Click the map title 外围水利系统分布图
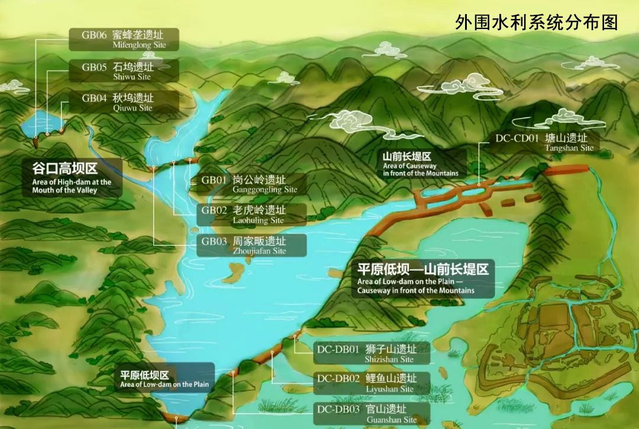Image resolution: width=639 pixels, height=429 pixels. (537, 23)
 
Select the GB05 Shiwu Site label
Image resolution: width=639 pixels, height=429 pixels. (123, 71)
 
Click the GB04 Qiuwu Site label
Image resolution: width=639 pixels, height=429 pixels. (123, 103)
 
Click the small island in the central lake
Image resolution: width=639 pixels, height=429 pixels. (232, 271)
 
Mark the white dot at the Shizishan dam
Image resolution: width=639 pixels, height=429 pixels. (295, 337)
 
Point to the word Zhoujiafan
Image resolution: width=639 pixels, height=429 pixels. (259, 251)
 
